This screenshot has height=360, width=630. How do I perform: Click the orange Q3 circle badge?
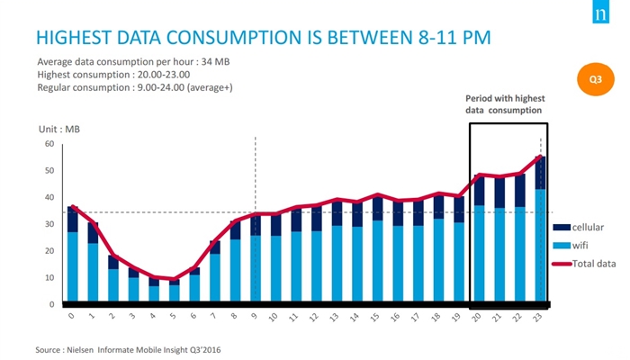tap(596, 79)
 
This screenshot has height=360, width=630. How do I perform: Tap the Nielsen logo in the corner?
tap(600, 12)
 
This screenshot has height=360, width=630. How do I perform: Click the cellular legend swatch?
tap(562, 228)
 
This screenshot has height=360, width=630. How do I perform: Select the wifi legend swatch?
tap(562, 246)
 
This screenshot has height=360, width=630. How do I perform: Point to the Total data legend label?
tap(594, 264)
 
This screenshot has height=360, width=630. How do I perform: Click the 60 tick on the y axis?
tap(49, 144)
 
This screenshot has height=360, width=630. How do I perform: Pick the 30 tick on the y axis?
tap(49, 224)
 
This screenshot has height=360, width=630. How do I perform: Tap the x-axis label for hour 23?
tap(537, 318)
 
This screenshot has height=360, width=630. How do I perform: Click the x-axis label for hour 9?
tap(254, 316)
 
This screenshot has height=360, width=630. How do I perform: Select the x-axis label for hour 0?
tap(71, 316)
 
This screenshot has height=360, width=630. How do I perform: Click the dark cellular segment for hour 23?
tap(540, 173)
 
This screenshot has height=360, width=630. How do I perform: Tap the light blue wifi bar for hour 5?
tap(175, 292)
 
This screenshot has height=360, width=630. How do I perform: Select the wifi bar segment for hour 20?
tap(480, 253)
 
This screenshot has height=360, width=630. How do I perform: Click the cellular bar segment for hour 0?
tap(73, 220)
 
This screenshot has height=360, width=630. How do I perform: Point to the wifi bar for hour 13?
tap(337, 263)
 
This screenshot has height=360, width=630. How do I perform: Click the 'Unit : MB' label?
tap(59, 130)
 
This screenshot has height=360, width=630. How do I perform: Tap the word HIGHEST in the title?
tap(74, 38)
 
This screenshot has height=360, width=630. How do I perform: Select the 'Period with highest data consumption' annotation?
tap(505, 104)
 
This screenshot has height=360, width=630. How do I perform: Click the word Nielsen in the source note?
tap(80, 350)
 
